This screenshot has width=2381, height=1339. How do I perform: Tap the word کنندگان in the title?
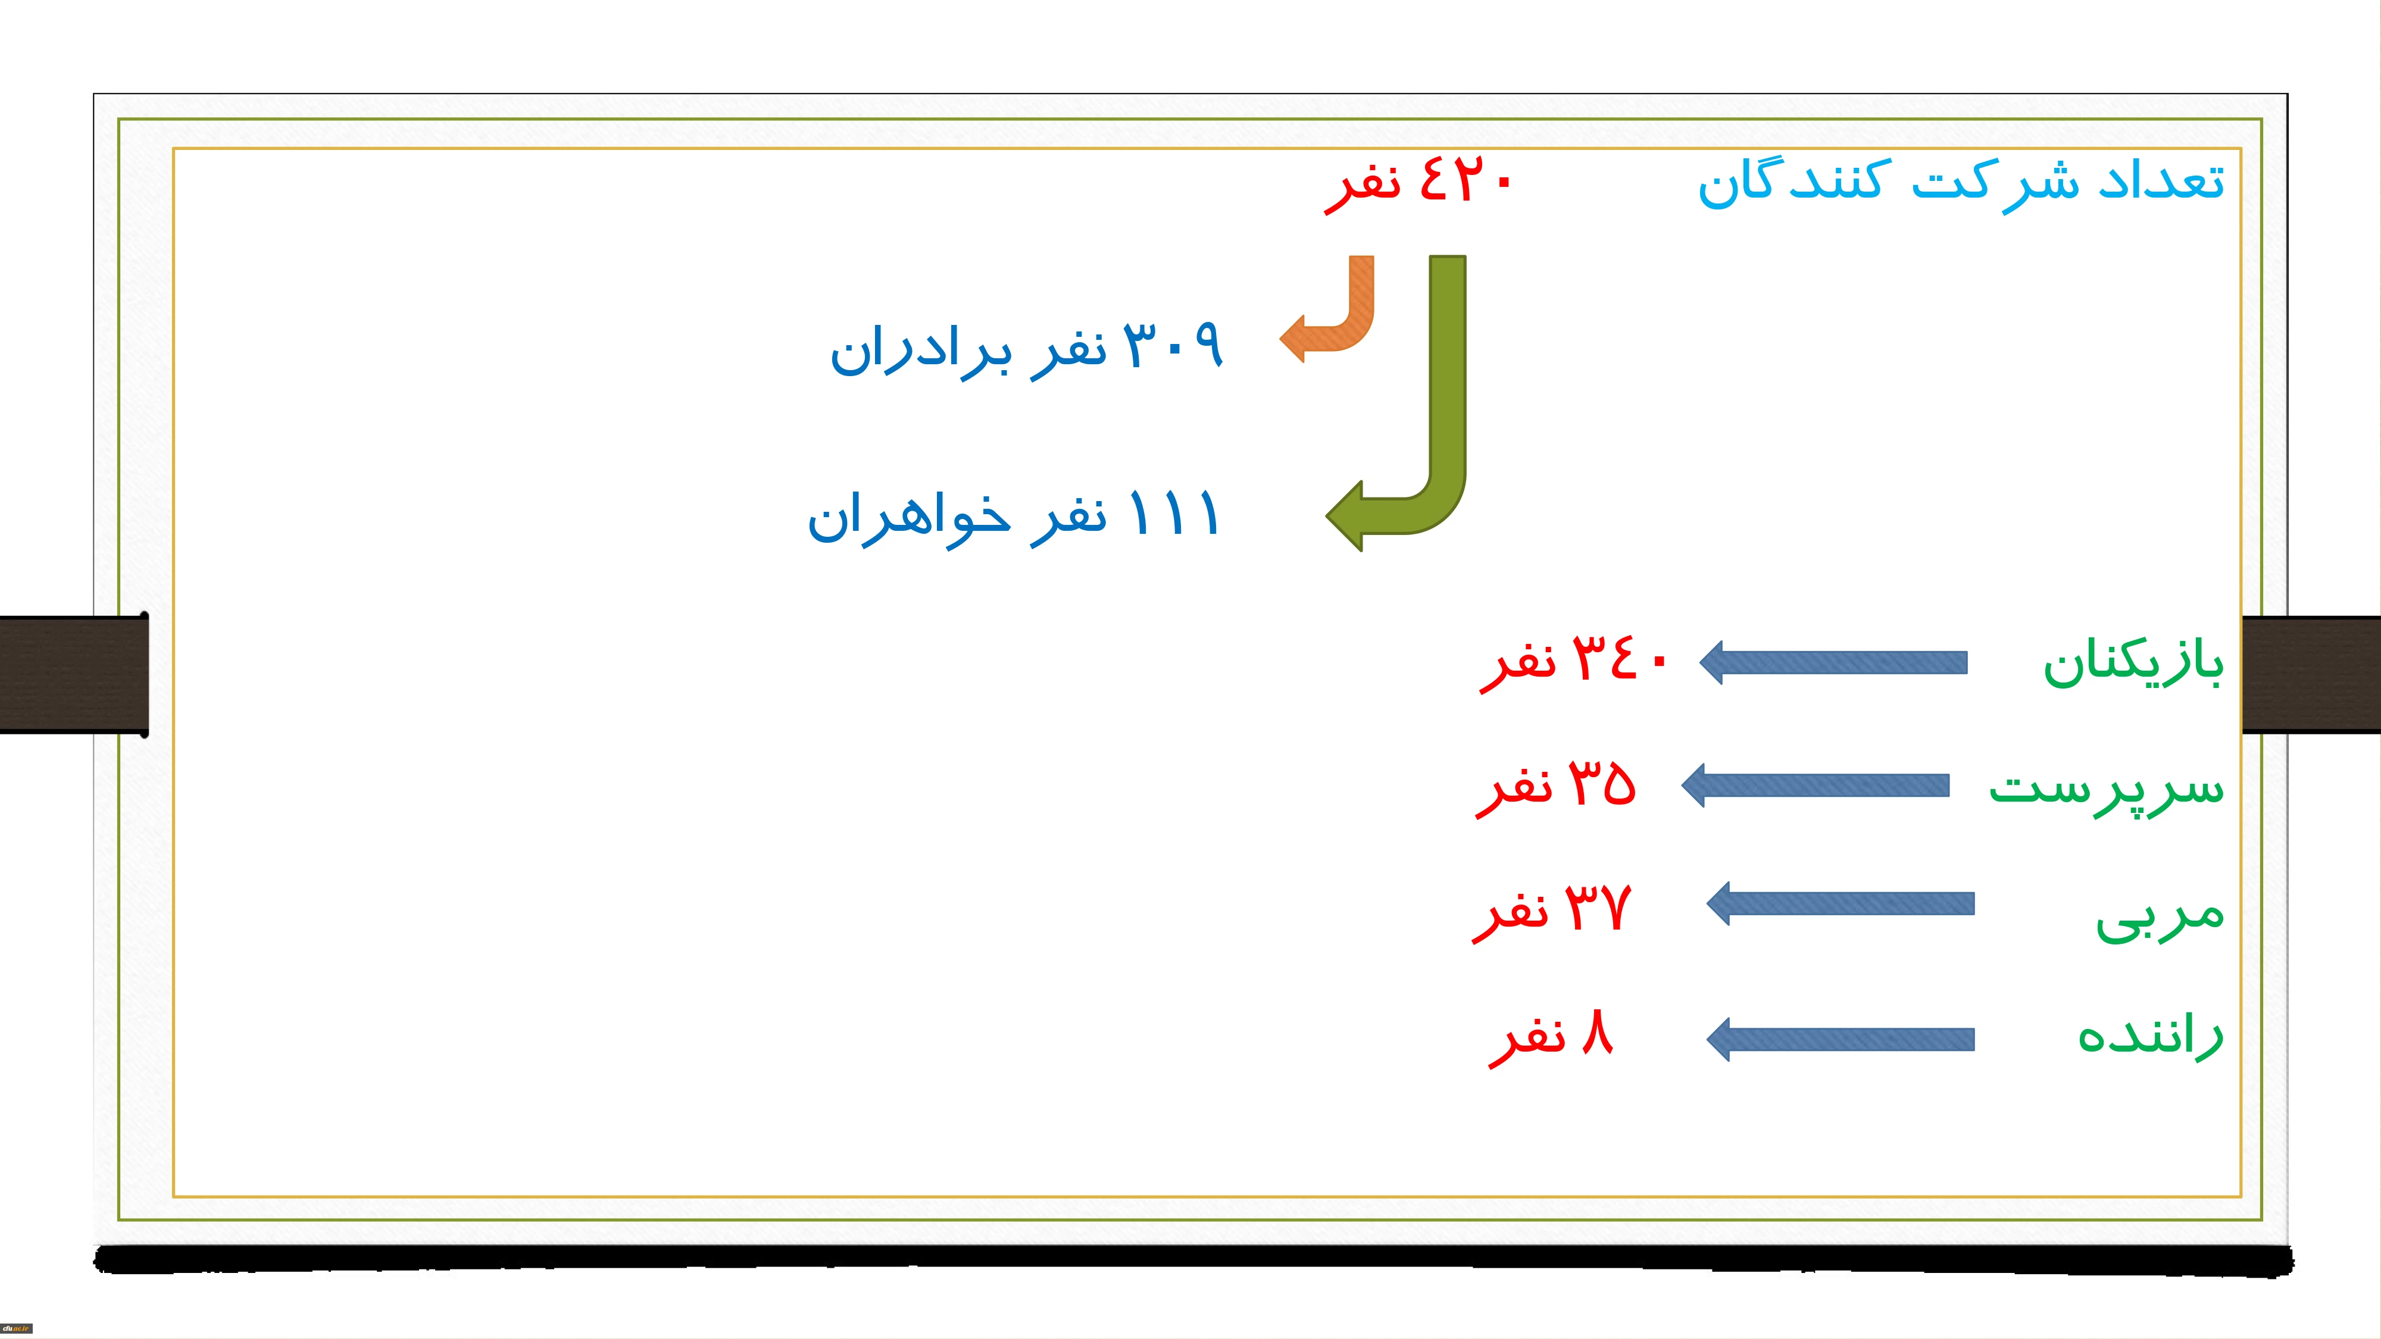tap(1789, 183)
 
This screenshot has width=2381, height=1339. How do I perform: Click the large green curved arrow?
tap(1448, 416)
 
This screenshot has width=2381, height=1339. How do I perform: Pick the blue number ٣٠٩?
tap(1174, 345)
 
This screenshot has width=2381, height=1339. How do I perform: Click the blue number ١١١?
tap(1174, 513)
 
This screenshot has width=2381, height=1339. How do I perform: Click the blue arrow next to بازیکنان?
tap(1833, 662)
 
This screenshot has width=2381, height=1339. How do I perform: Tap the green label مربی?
tap(2159, 916)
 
